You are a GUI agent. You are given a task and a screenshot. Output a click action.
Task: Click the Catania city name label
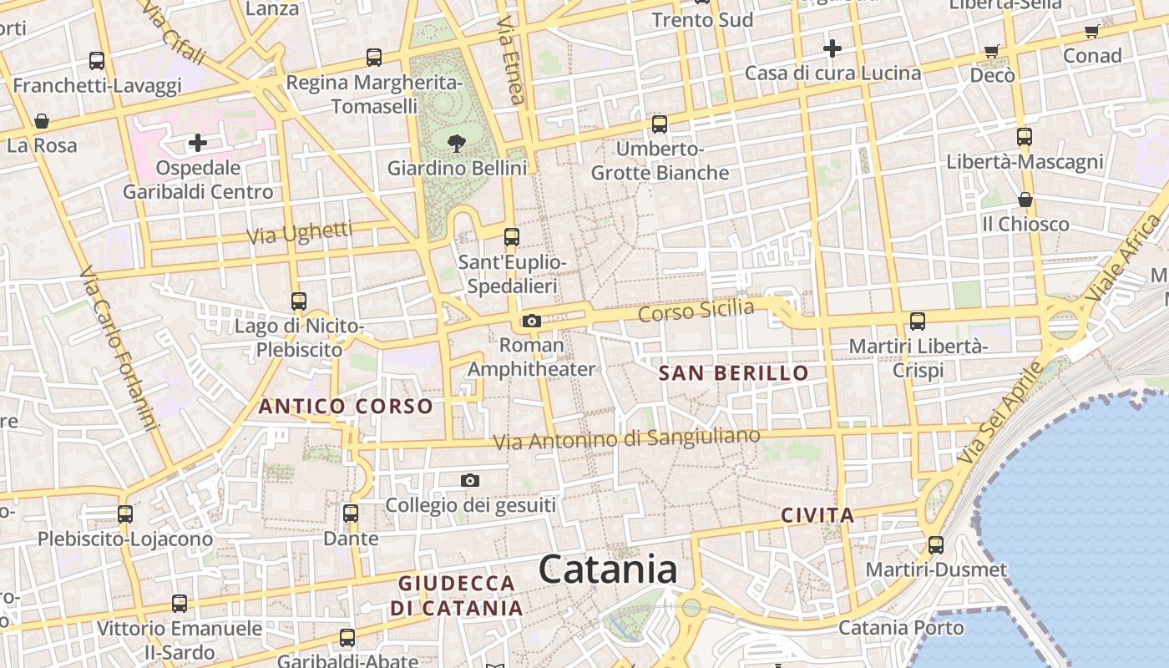point(607,569)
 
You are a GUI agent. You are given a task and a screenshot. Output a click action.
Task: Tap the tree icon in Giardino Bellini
point(457,144)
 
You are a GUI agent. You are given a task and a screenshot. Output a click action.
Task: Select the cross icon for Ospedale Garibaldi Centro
point(198,143)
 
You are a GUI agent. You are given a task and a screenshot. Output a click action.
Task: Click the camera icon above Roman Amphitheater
point(531,321)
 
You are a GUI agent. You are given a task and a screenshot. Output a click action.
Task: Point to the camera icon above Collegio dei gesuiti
point(470,481)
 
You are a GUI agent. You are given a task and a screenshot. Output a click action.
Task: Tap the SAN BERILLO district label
point(734,373)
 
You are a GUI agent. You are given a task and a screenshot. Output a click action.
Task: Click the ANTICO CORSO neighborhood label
point(346,407)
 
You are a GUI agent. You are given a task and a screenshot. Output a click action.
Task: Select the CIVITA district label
point(817,515)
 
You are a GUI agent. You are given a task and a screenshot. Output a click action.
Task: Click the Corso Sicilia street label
point(696,311)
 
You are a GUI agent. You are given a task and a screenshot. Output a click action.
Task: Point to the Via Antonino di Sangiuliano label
point(626,438)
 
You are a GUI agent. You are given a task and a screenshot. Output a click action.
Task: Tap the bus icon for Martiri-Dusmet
point(936,545)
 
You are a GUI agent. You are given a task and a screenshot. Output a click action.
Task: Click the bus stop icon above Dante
point(351,513)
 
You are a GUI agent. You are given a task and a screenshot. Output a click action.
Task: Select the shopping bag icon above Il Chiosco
point(1025,200)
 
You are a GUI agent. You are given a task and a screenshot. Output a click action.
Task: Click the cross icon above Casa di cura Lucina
point(832,48)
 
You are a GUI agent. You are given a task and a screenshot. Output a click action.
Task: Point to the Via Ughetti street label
point(300,234)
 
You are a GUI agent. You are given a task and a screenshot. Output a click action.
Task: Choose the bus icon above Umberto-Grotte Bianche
point(660,124)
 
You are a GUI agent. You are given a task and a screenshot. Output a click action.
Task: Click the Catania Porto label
point(901,627)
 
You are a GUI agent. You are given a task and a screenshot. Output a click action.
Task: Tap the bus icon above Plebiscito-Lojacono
point(125,514)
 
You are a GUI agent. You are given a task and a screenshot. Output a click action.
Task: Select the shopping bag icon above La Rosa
point(42,122)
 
